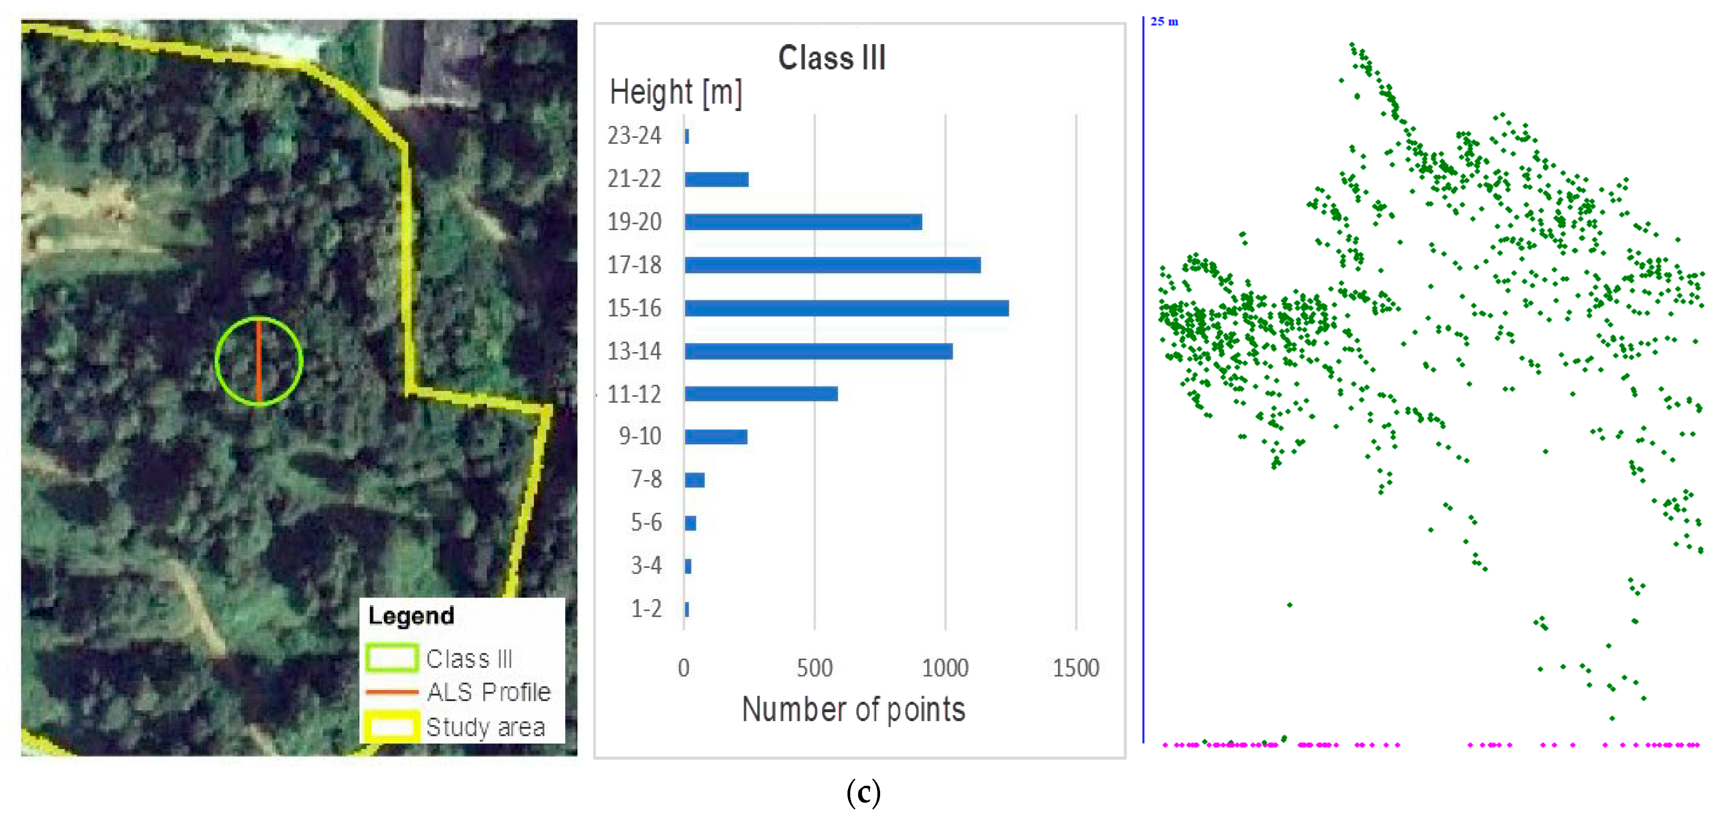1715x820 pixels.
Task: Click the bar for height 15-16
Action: (846, 308)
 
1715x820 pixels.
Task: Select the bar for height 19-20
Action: (803, 222)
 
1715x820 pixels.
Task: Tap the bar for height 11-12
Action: (761, 394)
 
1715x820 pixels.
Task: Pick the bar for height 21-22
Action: (716, 179)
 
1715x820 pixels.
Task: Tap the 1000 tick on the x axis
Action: (945, 668)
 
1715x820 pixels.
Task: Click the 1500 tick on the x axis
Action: (1075, 668)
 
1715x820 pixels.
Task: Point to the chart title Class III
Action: (832, 58)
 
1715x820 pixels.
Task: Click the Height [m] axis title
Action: (676, 93)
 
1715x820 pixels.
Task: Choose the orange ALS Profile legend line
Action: (392, 692)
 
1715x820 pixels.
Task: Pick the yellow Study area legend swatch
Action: (392, 726)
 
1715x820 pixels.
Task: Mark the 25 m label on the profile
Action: (1164, 21)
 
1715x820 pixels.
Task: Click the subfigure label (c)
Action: (864, 793)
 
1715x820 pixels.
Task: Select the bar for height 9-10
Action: (716, 437)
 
